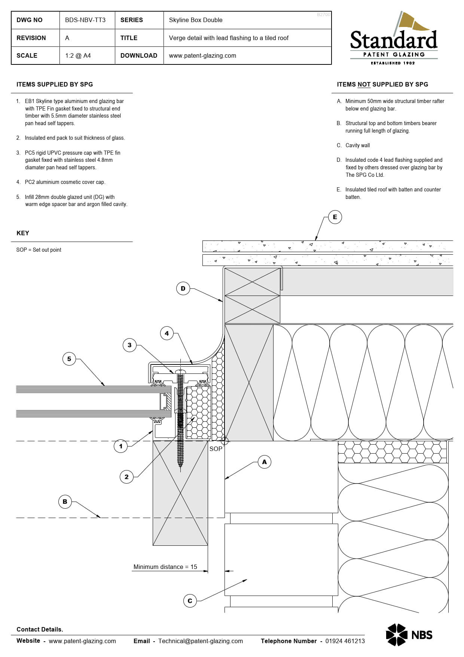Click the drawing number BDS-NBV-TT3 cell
point(85,20)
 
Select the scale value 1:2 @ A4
point(78,55)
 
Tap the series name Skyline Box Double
point(195,20)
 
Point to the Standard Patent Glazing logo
point(394,39)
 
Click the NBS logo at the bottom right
point(409,635)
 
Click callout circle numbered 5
point(69,359)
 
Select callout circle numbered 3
point(129,345)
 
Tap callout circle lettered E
point(335,217)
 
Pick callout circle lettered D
point(183,288)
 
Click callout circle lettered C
point(190,601)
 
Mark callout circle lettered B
point(65,502)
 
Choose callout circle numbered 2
point(126,477)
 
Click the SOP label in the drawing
point(216,449)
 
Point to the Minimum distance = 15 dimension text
point(165,567)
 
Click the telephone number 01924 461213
point(345,641)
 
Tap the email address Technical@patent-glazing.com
point(200,641)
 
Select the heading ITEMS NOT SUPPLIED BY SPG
point(382,84)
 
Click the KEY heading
point(23,233)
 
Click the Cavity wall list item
point(357,145)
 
